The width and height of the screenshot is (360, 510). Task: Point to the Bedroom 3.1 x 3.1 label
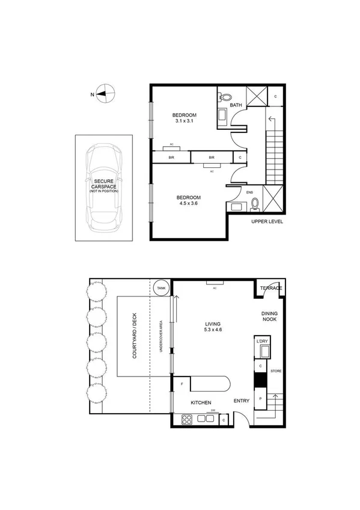pyautogui.click(x=184, y=118)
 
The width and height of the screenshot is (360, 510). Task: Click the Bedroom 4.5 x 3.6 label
pyautogui.click(x=188, y=200)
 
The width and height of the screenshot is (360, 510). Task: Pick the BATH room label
pyautogui.click(x=236, y=105)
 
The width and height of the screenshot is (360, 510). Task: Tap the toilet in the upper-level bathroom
pyautogui.click(x=225, y=96)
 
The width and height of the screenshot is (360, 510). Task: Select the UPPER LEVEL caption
pyautogui.click(x=267, y=222)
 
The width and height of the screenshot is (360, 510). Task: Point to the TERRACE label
pyautogui.click(x=271, y=288)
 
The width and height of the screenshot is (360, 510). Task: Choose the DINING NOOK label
pyautogui.click(x=270, y=317)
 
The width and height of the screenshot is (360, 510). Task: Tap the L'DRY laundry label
pyautogui.click(x=261, y=342)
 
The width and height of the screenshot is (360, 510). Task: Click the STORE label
pyautogui.click(x=276, y=371)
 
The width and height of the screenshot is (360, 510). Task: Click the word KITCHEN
pyautogui.click(x=201, y=402)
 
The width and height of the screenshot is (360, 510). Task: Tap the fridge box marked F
pyautogui.click(x=182, y=383)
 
